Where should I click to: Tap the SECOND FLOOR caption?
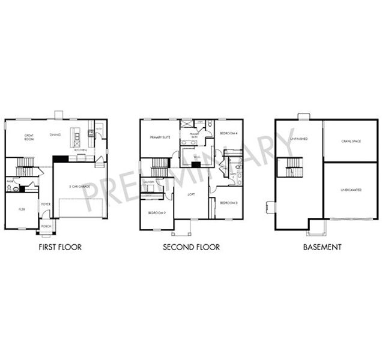[192, 247]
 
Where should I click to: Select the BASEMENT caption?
[323, 247]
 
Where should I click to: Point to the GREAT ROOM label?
[28, 137]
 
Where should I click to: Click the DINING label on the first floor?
[55, 135]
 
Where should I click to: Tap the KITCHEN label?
[80, 150]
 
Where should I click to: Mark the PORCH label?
[45, 227]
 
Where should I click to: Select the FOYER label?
[45, 204]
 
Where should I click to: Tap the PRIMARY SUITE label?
[160, 137]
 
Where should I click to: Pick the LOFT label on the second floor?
[191, 194]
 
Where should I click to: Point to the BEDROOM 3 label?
[229, 203]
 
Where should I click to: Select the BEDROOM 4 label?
[229, 133]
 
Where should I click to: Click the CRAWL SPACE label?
[344, 142]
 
